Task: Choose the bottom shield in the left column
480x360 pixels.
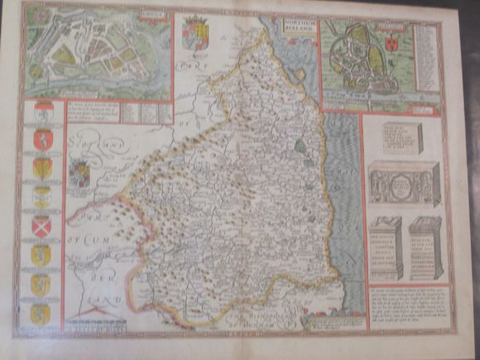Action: coord(41,314)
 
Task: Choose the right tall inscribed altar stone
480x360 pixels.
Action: coord(426,247)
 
